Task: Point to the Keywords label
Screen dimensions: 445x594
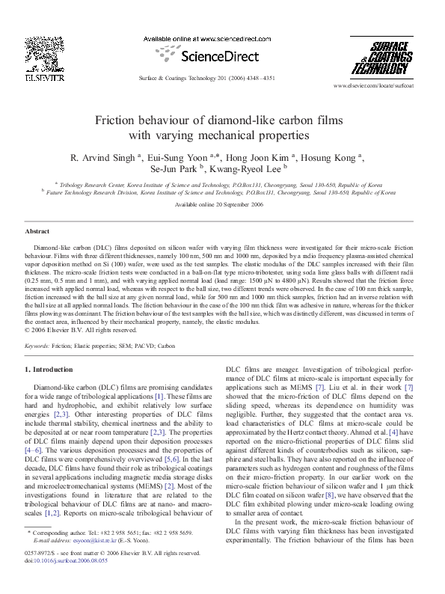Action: (37, 346)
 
